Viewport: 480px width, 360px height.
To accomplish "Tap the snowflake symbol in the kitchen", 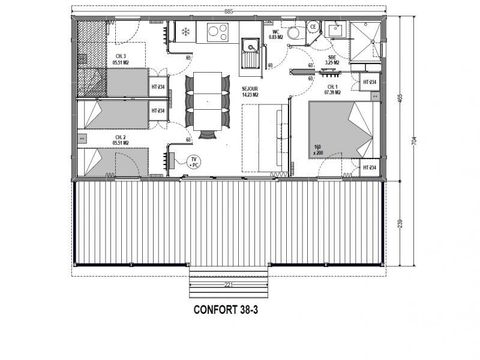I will pyautogui.click(x=184, y=32).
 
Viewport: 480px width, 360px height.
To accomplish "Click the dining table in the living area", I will pyautogui.click(x=205, y=100).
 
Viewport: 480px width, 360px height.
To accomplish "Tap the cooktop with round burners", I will pyautogui.click(x=215, y=33).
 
